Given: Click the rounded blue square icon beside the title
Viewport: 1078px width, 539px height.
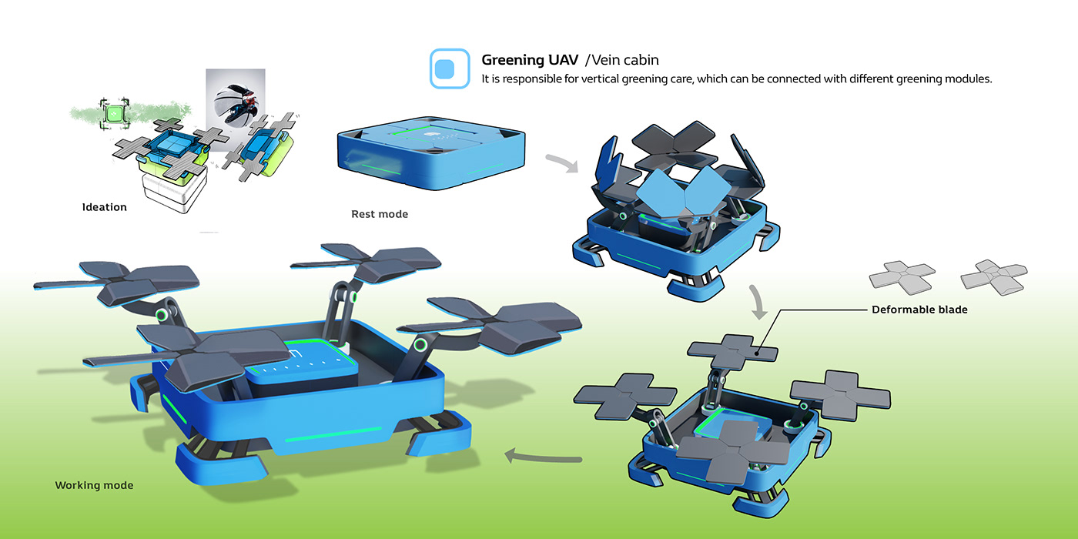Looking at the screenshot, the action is [x=450, y=69].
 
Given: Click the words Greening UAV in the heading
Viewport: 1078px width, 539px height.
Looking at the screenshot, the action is [x=530, y=60].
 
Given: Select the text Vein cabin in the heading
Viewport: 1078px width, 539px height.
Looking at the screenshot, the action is [x=625, y=60].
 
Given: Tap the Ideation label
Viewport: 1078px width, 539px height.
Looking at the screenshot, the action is [x=105, y=207].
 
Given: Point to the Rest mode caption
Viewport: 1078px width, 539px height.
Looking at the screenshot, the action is [x=380, y=214].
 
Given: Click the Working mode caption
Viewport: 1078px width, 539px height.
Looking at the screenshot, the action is [x=94, y=485].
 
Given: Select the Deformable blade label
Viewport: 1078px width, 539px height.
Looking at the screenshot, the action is [x=919, y=310].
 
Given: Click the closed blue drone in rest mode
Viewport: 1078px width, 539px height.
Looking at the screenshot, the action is [x=431, y=152].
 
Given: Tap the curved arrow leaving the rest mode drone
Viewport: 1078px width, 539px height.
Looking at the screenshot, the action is [x=563, y=162].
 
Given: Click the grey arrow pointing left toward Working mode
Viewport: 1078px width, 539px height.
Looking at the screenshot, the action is [x=543, y=457].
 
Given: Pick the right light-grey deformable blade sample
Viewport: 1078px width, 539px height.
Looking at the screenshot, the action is [x=994, y=278].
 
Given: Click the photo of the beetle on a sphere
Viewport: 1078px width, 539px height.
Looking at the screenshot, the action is [x=236, y=109].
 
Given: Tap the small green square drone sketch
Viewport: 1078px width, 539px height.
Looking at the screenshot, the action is [x=114, y=114].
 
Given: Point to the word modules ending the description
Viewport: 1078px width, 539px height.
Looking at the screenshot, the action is [x=971, y=79].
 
